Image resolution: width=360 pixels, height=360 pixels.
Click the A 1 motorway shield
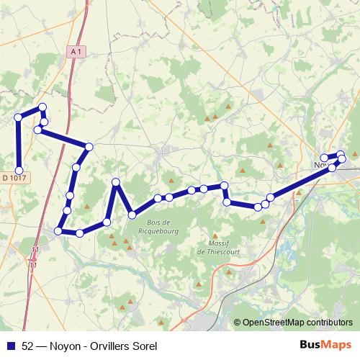coord(77,51)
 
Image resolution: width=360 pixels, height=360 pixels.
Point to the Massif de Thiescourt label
coord(214,248)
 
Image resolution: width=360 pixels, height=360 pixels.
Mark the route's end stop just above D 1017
coord(19,169)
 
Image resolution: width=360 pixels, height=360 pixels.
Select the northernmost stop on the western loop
coord(42,107)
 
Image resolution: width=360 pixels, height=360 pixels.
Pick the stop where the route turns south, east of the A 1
coord(89,147)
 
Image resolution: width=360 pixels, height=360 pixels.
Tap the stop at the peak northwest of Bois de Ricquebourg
coord(116,182)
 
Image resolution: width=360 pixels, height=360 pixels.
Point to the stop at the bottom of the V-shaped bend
coord(132,215)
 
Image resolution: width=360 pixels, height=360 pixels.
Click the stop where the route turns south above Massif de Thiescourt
coord(225,186)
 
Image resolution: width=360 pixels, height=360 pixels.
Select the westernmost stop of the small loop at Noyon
coord(324,158)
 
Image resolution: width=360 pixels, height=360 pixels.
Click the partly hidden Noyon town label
coord(323,165)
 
